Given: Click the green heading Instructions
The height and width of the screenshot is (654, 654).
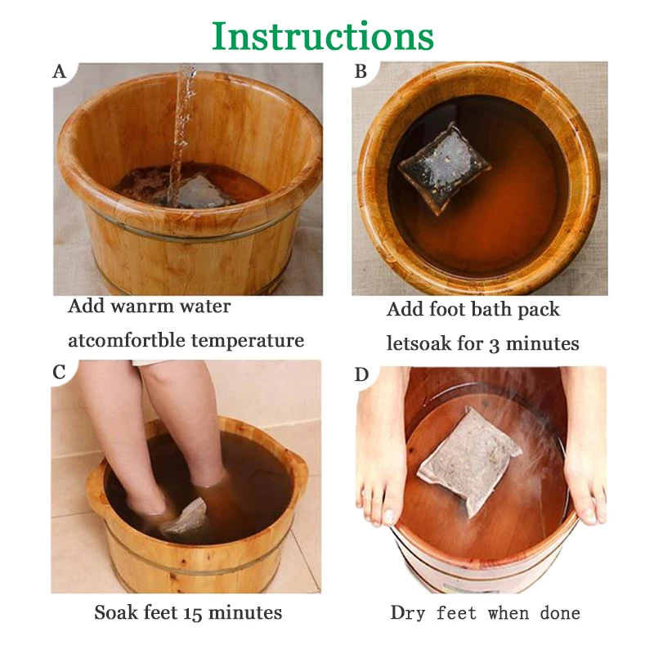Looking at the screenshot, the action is point(323,36).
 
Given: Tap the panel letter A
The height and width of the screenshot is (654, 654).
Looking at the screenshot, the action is point(59,71).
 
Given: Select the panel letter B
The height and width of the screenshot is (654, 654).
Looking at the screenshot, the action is point(361,71).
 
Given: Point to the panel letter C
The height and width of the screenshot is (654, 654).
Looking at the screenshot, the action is point(59,372).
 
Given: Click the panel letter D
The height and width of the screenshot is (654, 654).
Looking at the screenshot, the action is point(361,374).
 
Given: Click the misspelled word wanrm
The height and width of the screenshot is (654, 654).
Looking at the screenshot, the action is point(142,307).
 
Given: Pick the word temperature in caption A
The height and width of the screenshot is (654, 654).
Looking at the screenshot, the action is point(248,341).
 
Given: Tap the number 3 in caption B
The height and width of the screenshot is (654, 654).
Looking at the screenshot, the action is point(494,345).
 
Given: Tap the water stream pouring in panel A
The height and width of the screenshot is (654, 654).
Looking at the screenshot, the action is point(181,133).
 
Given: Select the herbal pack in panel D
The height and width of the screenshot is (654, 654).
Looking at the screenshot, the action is point(469,462).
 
